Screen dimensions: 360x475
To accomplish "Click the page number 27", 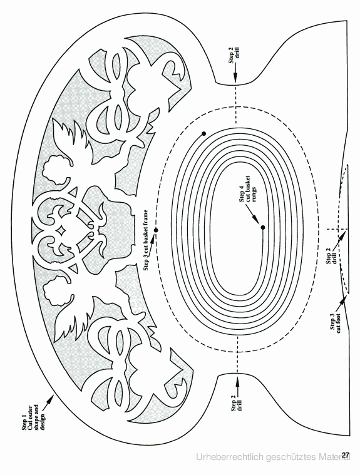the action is coord(346,455).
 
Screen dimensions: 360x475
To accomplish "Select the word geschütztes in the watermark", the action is coord(291,457).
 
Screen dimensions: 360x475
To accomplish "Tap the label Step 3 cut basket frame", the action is coord(147,240).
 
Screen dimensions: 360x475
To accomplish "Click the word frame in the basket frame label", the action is coord(147,217).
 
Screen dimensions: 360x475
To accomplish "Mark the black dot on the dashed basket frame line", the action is coord(156,230).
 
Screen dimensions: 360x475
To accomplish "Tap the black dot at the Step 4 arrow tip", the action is coord(263,228).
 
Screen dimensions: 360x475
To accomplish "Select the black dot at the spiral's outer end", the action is coord(203,133).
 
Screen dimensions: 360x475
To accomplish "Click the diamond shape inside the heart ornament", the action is coord(61,230).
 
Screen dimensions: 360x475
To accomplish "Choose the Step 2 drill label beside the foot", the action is coord(331,256).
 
